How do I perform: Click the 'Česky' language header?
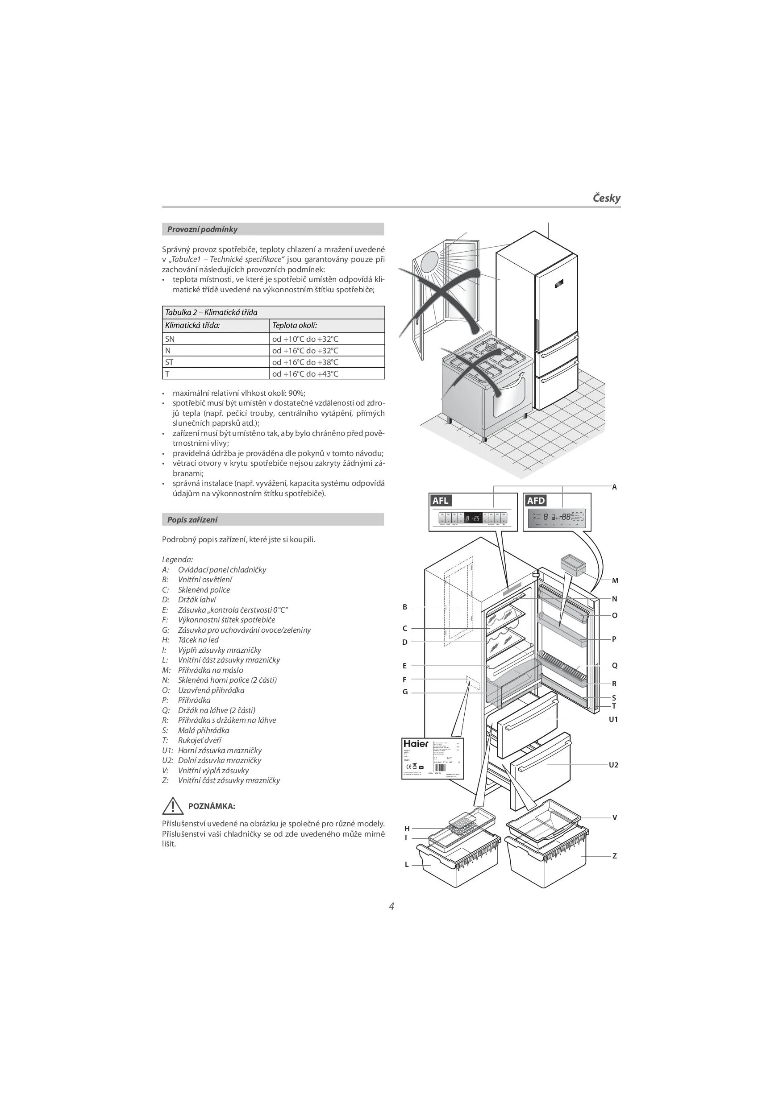point(606,198)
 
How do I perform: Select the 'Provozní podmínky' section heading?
point(202,229)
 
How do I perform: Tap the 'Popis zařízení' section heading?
point(192,520)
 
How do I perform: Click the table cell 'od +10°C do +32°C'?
point(305,339)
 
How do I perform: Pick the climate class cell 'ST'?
point(169,362)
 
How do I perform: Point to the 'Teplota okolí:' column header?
point(294,325)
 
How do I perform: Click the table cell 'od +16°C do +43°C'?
point(305,373)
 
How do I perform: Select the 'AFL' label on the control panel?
point(441,501)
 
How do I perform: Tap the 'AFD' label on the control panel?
point(536,501)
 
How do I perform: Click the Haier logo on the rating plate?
point(415,743)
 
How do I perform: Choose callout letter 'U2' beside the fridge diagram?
point(613,765)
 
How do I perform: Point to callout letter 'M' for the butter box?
point(615,580)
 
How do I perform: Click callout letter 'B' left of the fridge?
point(405,607)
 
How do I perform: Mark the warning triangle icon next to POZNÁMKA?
point(171,806)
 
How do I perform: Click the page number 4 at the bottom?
point(391,906)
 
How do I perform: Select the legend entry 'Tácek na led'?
point(198,640)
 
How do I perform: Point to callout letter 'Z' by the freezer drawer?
point(614,856)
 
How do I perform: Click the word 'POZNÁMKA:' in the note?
point(211,806)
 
